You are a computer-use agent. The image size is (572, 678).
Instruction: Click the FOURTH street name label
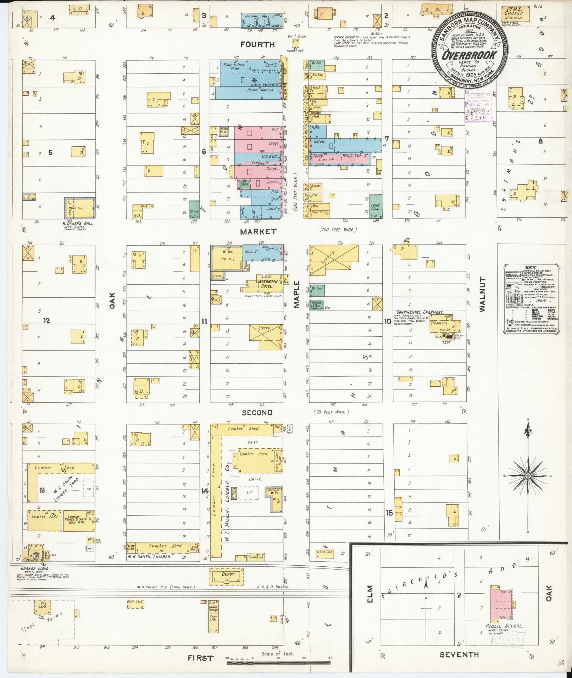coord(257,45)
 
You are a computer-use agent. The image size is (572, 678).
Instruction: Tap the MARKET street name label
coord(258,232)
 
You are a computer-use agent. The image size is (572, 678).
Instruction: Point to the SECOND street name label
coord(257,413)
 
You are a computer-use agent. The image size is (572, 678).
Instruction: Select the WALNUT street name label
coord(482,295)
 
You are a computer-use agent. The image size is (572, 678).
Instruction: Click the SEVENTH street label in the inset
coord(459,655)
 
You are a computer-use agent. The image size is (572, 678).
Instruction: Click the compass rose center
coord(528,476)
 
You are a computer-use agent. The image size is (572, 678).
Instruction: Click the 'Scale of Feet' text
coord(278,654)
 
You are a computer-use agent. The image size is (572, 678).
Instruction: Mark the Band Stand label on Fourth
coord(295,36)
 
